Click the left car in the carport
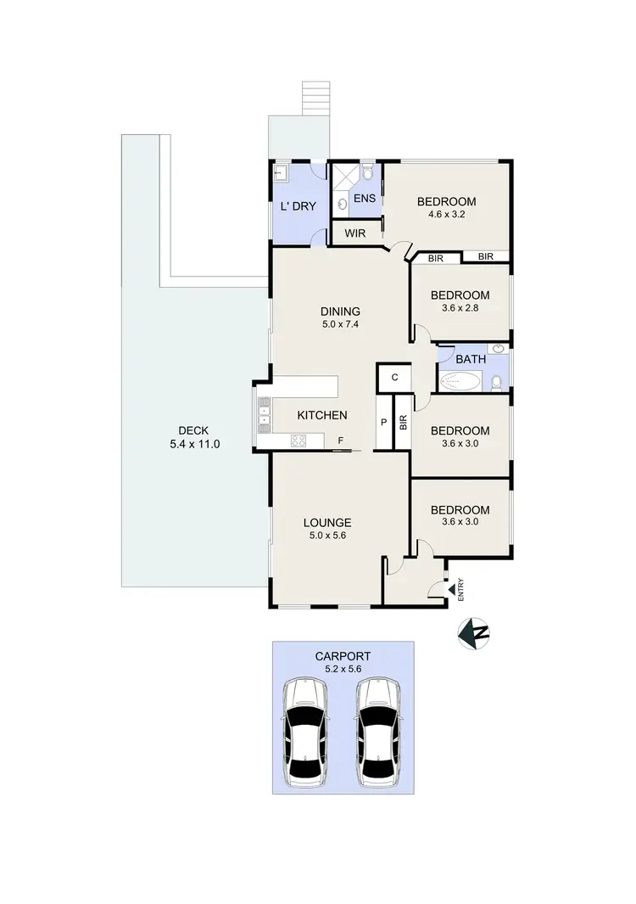tap(306, 731)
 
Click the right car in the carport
tap(379, 731)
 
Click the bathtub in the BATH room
tap(461, 382)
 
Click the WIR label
tap(355, 233)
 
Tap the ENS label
tap(364, 199)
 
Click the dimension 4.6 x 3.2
tap(446, 216)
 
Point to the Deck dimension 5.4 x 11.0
tap(193, 444)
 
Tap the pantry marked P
tap(383, 422)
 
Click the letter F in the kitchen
tap(340, 441)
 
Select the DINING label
tap(340, 311)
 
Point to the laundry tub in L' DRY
tap(282, 174)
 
